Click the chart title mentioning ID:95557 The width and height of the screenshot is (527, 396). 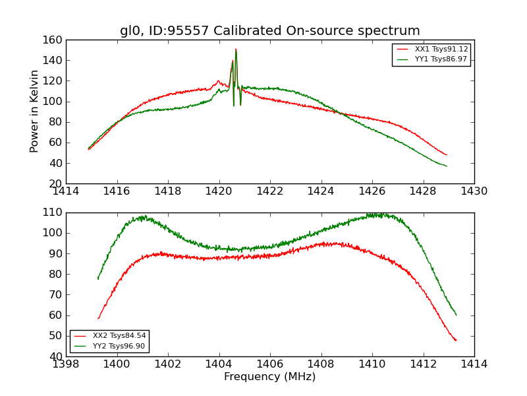pyautogui.click(x=269, y=31)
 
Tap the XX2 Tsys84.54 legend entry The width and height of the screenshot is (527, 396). pyautogui.click(x=119, y=336)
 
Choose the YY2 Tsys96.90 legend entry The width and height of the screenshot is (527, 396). pyautogui.click(x=119, y=346)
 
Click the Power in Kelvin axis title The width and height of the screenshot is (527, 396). pyautogui.click(x=35, y=112)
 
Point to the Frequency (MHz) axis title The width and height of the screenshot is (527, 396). pyautogui.click(x=269, y=377)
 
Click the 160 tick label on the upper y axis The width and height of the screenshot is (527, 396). pyautogui.click(x=54, y=40)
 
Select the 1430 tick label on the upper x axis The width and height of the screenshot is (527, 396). pyautogui.click(x=474, y=191)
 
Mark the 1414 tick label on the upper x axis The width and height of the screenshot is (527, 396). pyautogui.click(x=66, y=191)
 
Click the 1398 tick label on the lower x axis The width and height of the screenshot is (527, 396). pyautogui.click(x=66, y=364)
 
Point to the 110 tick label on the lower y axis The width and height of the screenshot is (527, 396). pyautogui.click(x=54, y=213)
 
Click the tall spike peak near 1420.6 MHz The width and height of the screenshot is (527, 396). pyautogui.click(x=236, y=49)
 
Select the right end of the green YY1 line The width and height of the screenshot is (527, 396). pyautogui.click(x=447, y=166)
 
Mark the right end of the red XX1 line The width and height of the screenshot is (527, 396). pyautogui.click(x=447, y=155)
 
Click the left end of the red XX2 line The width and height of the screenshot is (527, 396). pyautogui.click(x=98, y=318)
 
